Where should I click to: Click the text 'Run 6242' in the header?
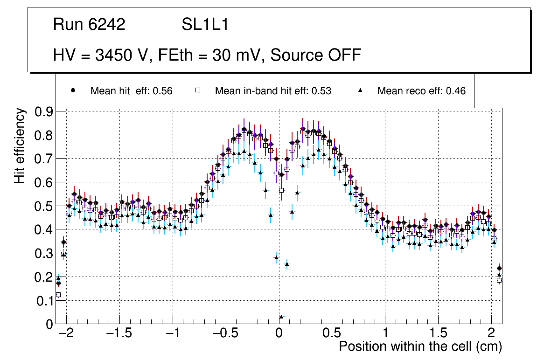89,25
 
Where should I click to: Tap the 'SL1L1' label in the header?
205,25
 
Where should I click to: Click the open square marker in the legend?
197,91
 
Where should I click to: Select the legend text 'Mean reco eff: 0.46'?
421,91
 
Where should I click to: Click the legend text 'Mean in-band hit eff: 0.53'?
273,91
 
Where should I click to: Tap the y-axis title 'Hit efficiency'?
20,145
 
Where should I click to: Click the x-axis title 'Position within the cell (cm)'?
420,346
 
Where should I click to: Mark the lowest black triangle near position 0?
281,317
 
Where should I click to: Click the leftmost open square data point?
58,295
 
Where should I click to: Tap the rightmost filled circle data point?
499,268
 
